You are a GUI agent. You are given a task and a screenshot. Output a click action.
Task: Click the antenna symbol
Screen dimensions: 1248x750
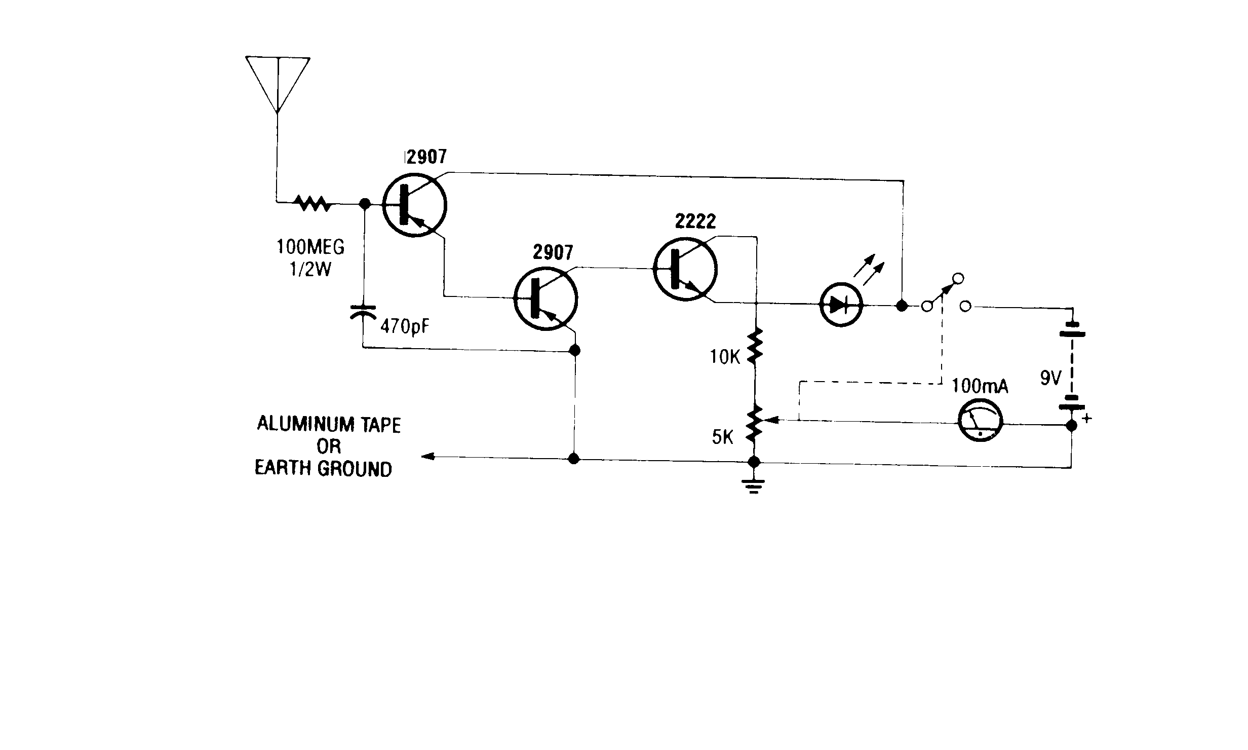[x=278, y=84]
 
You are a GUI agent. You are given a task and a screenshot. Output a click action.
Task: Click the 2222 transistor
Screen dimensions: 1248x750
[x=685, y=270]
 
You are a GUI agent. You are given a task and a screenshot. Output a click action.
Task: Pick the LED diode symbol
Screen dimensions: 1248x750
[x=841, y=304]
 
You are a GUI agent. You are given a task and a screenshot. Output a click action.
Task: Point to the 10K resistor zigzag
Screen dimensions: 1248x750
[x=755, y=345]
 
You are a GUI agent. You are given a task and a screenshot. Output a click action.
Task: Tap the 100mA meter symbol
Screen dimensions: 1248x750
[x=981, y=424]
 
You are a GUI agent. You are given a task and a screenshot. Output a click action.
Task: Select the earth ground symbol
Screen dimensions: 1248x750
[x=754, y=486]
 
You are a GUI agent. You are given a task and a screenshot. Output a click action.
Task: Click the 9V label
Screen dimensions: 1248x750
[x=1050, y=378]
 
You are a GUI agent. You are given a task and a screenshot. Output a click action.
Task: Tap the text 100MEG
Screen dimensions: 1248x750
[x=310, y=247]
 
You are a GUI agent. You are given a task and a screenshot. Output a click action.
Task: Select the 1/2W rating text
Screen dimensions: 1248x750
[x=310, y=269]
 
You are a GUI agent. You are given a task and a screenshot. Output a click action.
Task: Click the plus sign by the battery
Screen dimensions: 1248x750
[x=1086, y=419]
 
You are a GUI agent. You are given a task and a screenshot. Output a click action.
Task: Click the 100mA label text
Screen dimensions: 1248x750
[x=980, y=386]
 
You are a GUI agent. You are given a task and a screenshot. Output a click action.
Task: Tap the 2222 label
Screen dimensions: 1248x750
[x=696, y=221]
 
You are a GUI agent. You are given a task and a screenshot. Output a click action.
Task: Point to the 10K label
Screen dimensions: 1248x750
[x=725, y=358]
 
